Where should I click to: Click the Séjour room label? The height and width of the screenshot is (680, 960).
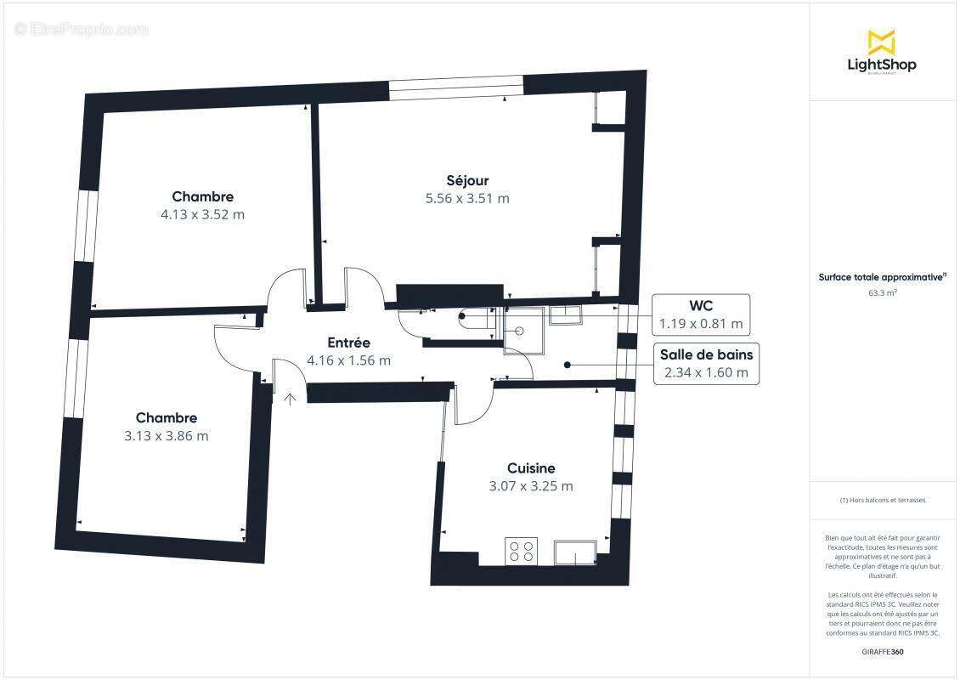click(x=467, y=180)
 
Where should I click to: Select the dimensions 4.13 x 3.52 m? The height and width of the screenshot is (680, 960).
click(x=202, y=214)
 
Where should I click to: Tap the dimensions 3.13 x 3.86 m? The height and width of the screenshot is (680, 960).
click(x=166, y=436)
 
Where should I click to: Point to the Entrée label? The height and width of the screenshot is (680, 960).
click(x=349, y=343)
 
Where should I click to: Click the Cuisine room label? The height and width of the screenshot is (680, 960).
click(x=531, y=468)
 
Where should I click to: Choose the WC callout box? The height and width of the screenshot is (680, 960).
click(x=701, y=314)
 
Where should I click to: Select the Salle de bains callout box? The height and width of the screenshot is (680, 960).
click(x=706, y=364)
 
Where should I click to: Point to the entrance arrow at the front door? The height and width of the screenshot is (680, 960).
click(x=290, y=398)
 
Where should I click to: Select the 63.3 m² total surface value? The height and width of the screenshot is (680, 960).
click(x=882, y=292)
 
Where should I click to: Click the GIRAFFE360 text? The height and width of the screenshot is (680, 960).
click(x=882, y=650)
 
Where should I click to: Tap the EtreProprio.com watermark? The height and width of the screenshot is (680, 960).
click(x=82, y=29)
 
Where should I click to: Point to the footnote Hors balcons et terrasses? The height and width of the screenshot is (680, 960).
click(x=882, y=500)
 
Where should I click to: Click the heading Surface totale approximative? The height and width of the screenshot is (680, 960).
click(x=882, y=277)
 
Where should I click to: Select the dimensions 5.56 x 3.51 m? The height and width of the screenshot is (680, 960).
click(x=467, y=199)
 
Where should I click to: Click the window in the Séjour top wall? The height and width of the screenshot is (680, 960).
click(x=456, y=86)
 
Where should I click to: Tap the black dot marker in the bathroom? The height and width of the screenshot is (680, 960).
click(x=567, y=364)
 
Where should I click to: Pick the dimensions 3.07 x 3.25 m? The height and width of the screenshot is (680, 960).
click(x=531, y=487)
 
